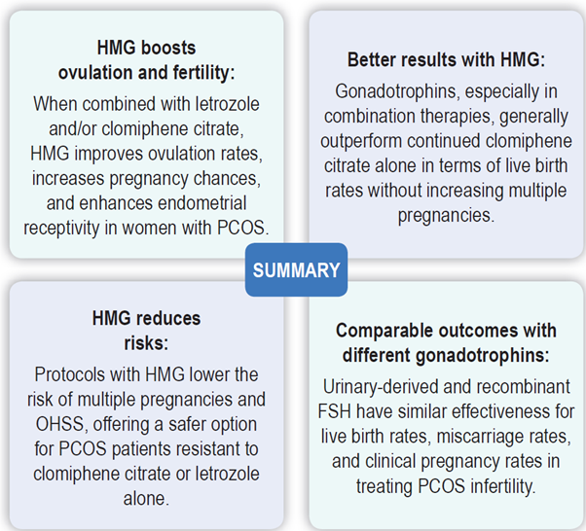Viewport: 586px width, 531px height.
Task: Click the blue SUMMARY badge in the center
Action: click(x=296, y=270)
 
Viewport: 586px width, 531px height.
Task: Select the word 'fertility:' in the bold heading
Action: click(x=203, y=72)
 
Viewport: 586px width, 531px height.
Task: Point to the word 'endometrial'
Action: click(x=202, y=203)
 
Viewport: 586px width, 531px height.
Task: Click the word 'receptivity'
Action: click(x=61, y=229)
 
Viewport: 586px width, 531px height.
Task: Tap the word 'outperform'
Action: click(x=360, y=141)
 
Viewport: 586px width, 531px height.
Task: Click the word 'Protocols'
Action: click(x=69, y=374)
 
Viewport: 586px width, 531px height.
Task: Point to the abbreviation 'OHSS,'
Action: click(x=61, y=425)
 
